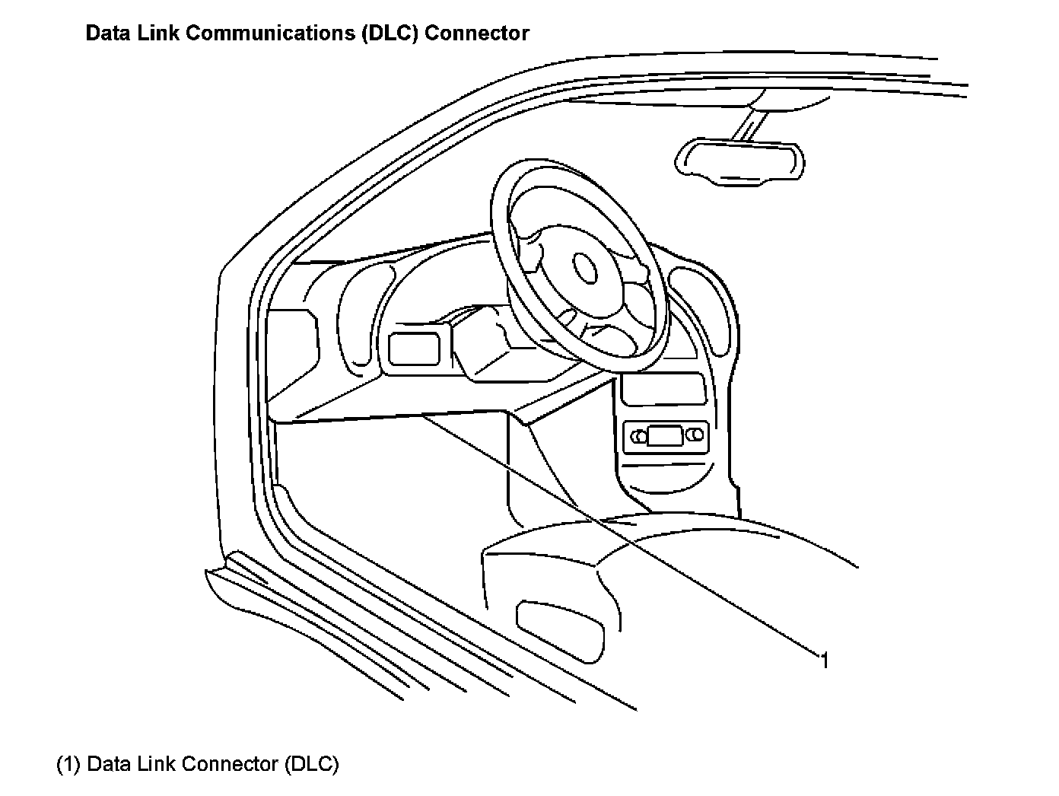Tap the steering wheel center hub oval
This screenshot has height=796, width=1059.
click(x=584, y=267)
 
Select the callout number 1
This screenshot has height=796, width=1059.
click(x=824, y=660)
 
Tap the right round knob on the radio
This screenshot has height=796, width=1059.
click(x=695, y=435)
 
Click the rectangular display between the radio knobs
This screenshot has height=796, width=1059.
click(x=666, y=436)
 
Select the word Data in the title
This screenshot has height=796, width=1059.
click(x=106, y=33)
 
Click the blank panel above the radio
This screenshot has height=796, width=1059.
click(x=663, y=390)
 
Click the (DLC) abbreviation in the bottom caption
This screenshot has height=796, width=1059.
click(x=311, y=764)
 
